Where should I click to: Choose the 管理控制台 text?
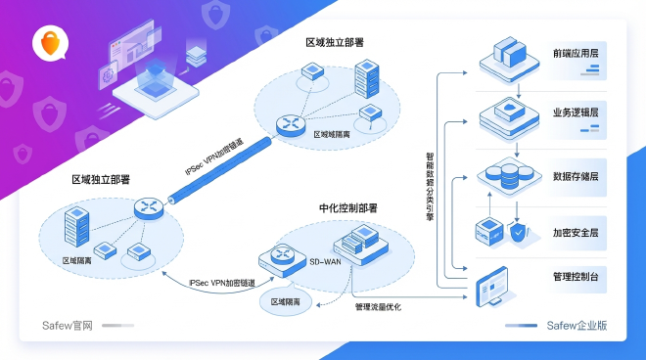pyautogui.click(x=576, y=278)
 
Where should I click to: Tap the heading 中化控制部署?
pyautogui.click(x=347, y=208)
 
